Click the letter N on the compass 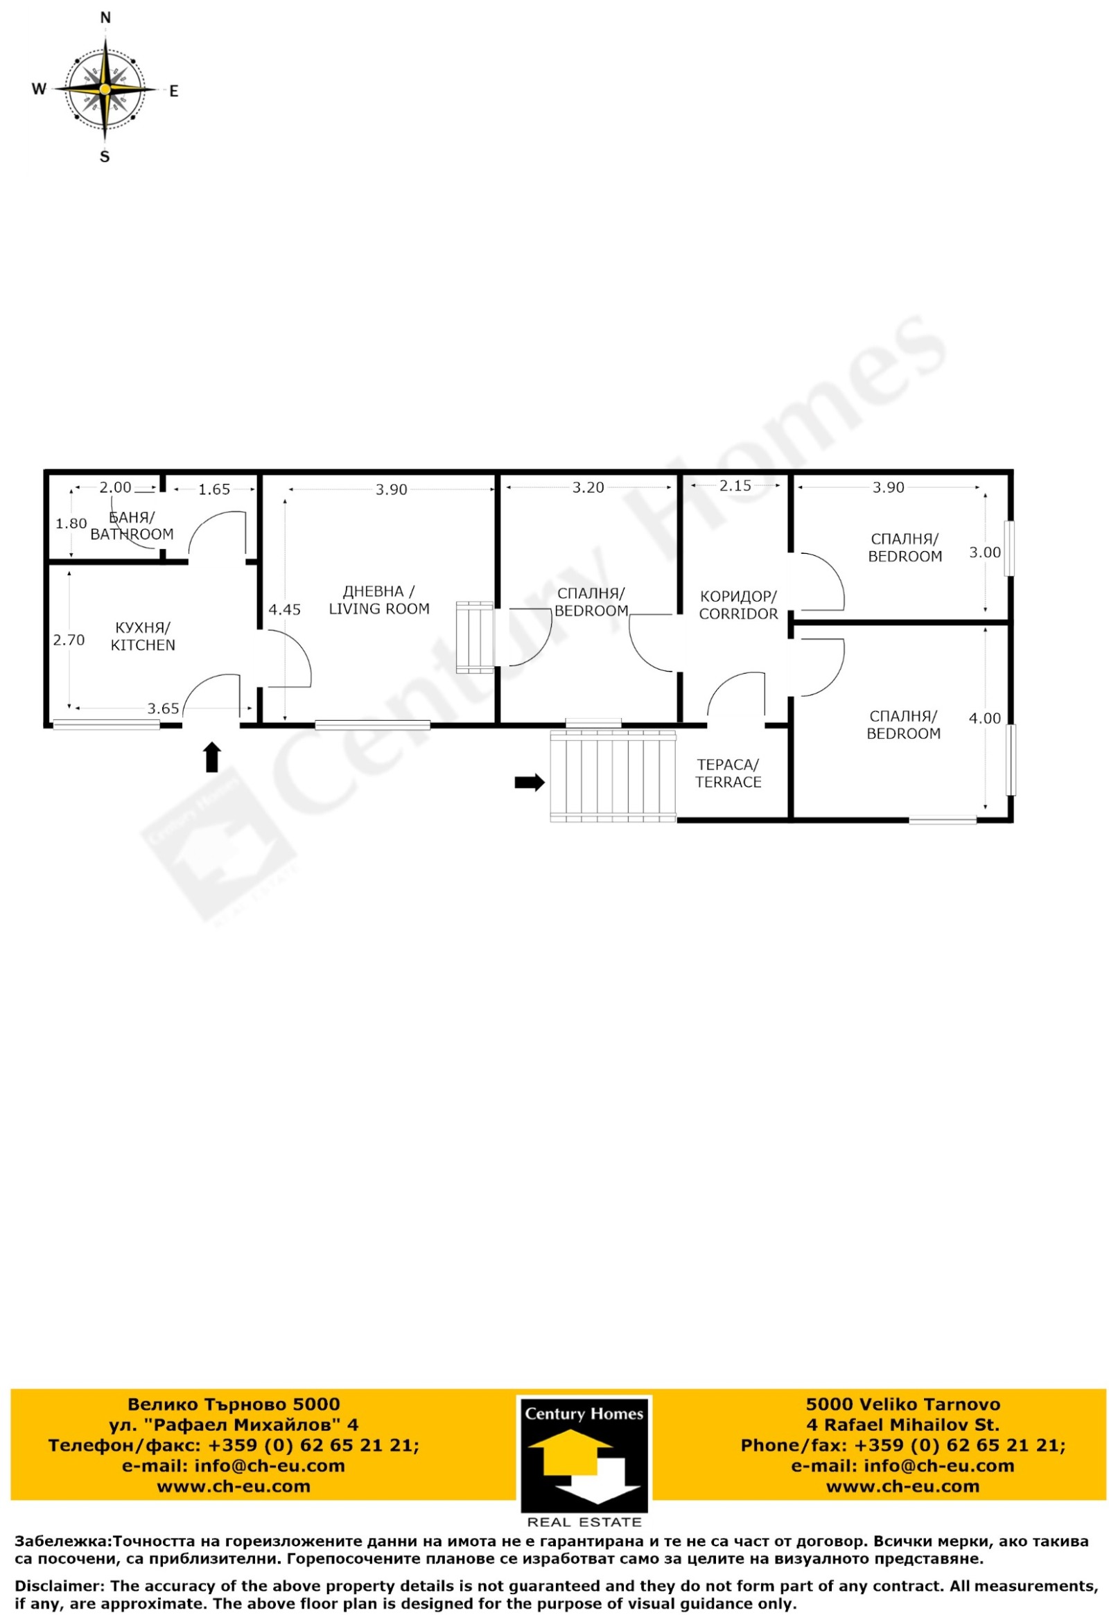[x=105, y=17]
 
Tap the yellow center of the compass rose [x=104, y=89]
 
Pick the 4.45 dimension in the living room [x=285, y=610]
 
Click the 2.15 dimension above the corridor [x=735, y=486]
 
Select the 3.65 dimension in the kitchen [x=164, y=709]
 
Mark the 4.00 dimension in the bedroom [x=986, y=719]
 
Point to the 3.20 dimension [x=588, y=488]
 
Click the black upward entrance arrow [x=212, y=758]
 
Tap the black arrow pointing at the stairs [x=530, y=783]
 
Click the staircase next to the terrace [x=613, y=776]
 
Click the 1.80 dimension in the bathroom [x=71, y=524]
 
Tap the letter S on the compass [x=105, y=157]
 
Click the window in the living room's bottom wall [x=372, y=726]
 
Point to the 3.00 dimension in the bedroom [x=986, y=552]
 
